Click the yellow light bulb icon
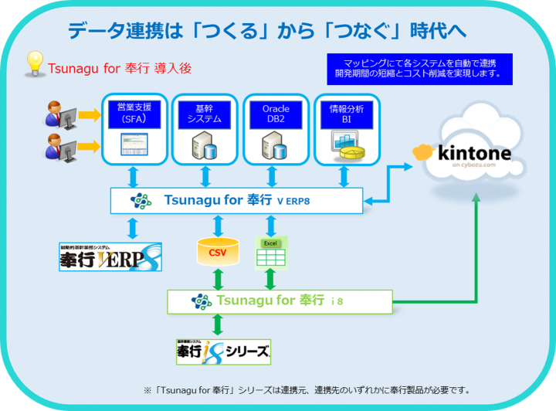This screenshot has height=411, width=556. [34, 64]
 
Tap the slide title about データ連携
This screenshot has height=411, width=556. [266, 31]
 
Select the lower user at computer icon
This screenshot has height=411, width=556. [59, 146]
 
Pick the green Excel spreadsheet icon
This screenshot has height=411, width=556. [271, 252]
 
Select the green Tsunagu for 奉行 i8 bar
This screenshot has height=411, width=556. [278, 301]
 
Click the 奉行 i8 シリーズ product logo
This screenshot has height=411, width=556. [223, 351]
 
